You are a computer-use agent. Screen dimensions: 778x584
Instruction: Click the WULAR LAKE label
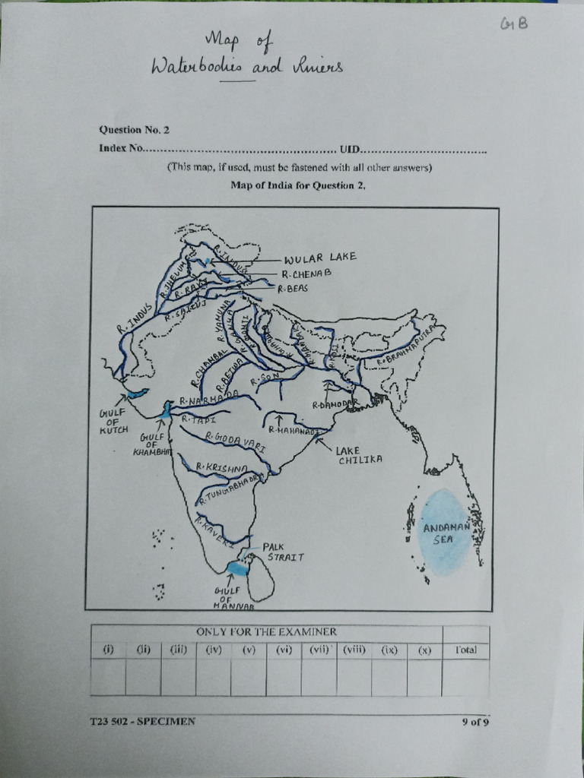click(319, 258)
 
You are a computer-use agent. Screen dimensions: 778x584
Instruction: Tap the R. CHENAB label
click(306, 274)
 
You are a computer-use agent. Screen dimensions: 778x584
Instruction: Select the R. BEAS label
click(292, 289)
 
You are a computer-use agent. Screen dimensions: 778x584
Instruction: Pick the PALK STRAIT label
click(284, 552)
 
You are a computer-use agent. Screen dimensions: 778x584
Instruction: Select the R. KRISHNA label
click(222, 467)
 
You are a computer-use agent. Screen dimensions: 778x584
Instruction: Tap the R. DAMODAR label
click(335, 404)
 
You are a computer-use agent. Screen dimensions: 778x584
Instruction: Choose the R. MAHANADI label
click(293, 430)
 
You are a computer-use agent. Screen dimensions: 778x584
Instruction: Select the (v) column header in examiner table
click(249, 650)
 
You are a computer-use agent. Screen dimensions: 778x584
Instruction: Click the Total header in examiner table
click(465, 650)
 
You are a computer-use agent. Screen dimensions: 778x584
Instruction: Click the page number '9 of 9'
click(474, 722)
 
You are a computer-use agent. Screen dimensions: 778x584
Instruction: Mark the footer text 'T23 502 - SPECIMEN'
click(142, 721)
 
